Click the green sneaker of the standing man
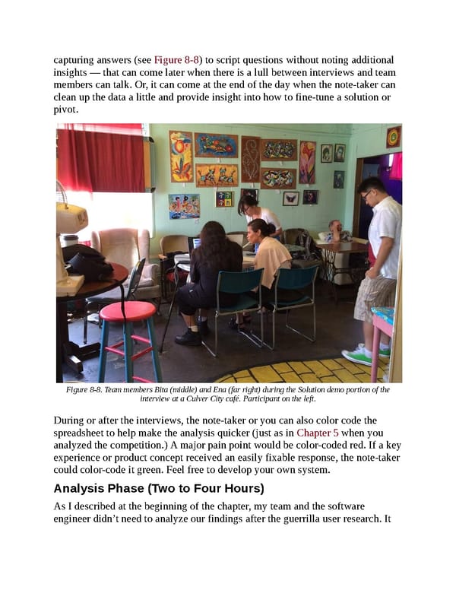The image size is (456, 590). click(x=358, y=355)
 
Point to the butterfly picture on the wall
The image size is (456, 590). click(x=290, y=198)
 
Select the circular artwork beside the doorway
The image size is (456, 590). click(x=392, y=137)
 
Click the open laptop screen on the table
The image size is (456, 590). click(x=197, y=244)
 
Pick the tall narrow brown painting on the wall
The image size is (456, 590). click(x=251, y=159)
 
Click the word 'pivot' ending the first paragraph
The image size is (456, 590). click(x=66, y=109)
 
